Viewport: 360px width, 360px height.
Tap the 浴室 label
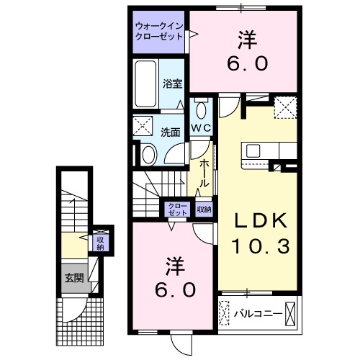point(173,83)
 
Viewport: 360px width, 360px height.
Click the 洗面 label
point(170,132)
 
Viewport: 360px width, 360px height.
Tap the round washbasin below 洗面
point(148,153)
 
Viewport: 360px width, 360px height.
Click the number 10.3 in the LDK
point(261,247)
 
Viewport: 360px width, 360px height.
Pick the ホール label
point(204,174)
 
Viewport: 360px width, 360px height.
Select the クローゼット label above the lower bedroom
point(176,210)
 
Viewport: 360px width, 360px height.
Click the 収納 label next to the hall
point(204,210)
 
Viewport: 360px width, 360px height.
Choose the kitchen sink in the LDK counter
point(253,150)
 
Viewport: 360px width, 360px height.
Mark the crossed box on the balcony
point(290,314)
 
